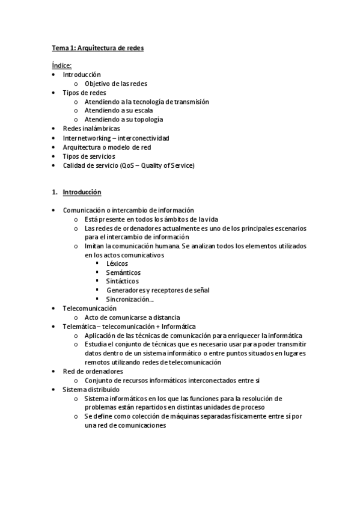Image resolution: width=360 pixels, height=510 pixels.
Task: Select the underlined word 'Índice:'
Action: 61,66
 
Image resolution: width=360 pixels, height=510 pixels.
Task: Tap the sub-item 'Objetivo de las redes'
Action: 116,84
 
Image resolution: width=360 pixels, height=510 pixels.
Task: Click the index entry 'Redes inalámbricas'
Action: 91,129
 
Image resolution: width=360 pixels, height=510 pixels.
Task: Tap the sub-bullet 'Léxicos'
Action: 117,263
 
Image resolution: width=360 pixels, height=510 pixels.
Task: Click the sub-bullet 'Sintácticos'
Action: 123,281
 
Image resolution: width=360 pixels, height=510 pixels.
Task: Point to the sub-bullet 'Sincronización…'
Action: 130,299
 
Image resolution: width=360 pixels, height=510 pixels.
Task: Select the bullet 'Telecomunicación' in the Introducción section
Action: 90,308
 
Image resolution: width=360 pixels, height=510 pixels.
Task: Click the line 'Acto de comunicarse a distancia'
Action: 132,317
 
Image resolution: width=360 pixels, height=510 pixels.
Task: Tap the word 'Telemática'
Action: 78,326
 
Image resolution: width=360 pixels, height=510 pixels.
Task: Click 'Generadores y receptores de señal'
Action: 157,290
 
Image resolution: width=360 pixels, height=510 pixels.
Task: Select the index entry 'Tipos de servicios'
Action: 89,156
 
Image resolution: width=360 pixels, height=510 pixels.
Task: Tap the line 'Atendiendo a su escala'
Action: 118,111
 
